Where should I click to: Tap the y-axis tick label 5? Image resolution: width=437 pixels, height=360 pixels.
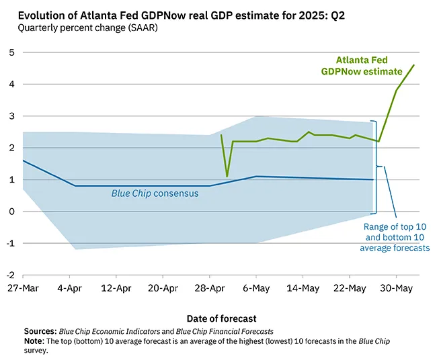[x=11, y=52]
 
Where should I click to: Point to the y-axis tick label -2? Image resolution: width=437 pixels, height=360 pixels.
[x=10, y=275]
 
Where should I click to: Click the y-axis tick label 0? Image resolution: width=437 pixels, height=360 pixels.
[x=11, y=212]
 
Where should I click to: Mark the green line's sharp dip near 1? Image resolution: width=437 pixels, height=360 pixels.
[x=227, y=176]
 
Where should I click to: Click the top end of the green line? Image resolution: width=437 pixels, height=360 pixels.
[x=413, y=65]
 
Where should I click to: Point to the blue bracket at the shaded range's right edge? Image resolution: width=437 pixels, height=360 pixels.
[x=378, y=166]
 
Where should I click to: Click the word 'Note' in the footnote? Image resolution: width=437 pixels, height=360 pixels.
[x=33, y=341]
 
